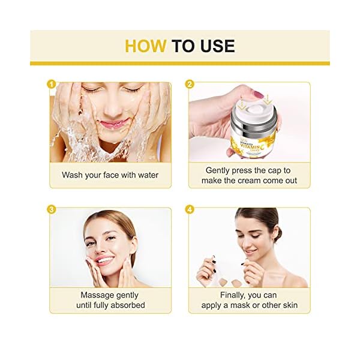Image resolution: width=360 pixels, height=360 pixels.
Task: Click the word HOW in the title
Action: (145, 46)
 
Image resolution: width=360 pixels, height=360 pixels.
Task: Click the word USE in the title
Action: (214, 46)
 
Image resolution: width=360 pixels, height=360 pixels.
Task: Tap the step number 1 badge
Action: (52, 85)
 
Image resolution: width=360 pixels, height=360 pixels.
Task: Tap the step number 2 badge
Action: (191, 85)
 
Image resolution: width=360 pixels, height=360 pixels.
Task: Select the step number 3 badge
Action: (52, 210)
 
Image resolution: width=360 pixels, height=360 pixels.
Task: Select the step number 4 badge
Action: (191, 210)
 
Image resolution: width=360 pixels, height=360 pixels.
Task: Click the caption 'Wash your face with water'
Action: (110, 175)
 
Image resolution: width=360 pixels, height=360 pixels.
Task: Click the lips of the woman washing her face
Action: (112, 125)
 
